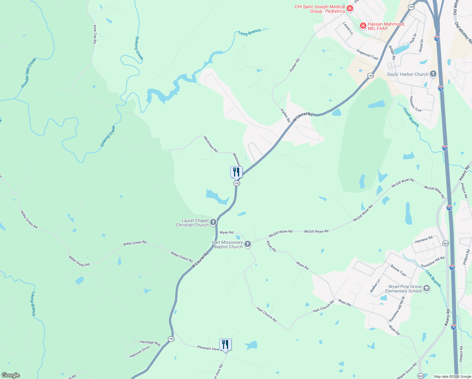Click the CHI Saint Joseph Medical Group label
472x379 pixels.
320,9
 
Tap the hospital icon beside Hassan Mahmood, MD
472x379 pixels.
363,26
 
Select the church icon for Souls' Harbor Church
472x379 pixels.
433,74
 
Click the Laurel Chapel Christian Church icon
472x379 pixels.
213,222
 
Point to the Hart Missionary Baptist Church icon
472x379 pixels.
248,244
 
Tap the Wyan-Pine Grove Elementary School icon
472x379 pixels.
427,288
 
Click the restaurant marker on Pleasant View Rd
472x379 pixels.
225,344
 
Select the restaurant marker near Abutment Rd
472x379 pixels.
236,172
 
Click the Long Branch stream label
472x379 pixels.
250,32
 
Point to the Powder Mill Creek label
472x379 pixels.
29,73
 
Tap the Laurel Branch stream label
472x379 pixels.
33,304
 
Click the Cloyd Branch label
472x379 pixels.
411,117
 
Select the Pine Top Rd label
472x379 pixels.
95,34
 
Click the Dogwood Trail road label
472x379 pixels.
367,54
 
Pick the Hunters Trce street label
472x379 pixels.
415,104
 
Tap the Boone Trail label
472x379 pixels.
398,270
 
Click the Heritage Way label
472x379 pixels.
150,343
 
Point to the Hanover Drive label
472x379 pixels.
140,352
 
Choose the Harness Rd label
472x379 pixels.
424,240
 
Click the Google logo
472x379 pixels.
11,375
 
